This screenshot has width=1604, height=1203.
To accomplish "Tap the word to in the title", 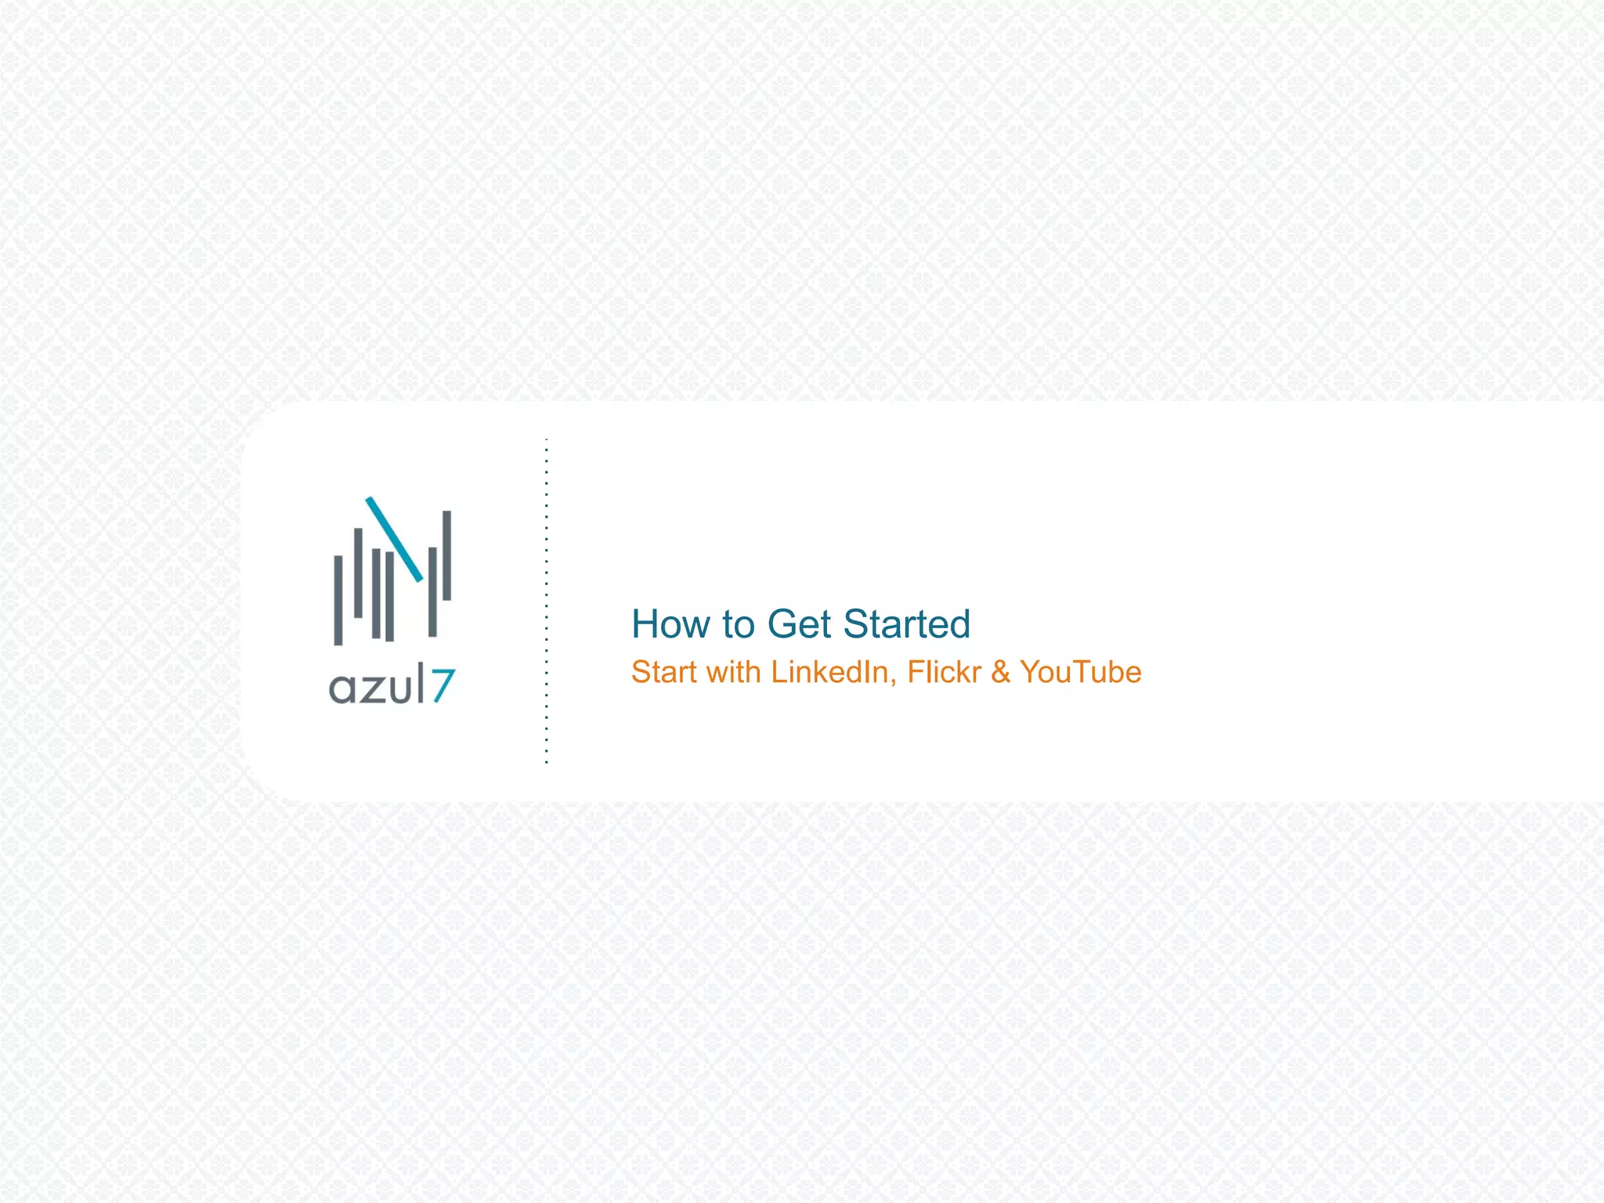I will tap(739, 625).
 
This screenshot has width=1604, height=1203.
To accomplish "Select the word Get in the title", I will tap(799, 625).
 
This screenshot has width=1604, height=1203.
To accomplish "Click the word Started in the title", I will tap(907, 625).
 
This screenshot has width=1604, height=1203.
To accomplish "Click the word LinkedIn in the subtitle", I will tap(830, 673).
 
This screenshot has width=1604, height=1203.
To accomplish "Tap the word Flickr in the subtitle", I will tap(944, 673).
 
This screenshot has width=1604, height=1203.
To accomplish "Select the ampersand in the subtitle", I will tap(1000, 673).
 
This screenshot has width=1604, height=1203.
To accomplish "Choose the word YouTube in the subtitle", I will tap(1081, 673).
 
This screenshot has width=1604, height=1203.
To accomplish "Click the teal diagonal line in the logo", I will tap(395, 539).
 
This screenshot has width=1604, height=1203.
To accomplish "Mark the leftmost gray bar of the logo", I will tap(338, 600).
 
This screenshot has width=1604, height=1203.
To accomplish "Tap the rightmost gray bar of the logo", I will tap(447, 555).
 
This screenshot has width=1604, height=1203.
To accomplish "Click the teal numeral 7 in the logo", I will tap(443, 686).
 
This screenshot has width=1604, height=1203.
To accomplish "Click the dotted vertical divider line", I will tap(547, 601).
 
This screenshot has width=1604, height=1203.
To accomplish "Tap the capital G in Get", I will tap(783, 625).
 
